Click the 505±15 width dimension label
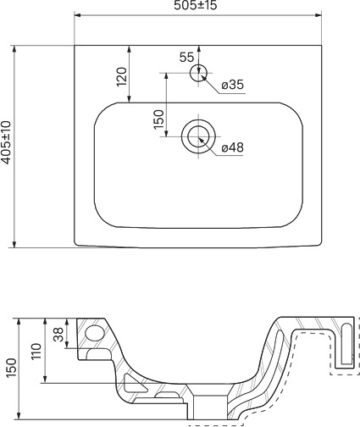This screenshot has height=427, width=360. pyautogui.click(x=196, y=5)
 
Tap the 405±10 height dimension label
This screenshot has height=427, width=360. pyautogui.click(x=6, y=142)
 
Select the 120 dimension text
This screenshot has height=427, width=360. pyautogui.click(x=122, y=77)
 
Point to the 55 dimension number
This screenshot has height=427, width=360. pyautogui.click(x=186, y=58)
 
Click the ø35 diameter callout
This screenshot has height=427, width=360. pyautogui.click(x=232, y=85)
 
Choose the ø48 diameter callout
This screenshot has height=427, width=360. pyautogui.click(x=232, y=147)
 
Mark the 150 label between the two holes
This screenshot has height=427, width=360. pyautogui.click(x=158, y=119)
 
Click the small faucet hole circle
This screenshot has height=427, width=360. pyautogui.click(x=198, y=73)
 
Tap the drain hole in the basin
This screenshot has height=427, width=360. pyautogui.click(x=198, y=136)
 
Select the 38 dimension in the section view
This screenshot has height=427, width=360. pyautogui.click(x=58, y=335)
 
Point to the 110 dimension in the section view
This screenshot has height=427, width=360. pyautogui.click(x=36, y=351)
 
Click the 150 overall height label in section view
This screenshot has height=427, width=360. pyautogui.click(x=12, y=368)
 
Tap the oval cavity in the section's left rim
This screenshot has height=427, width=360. pyautogui.click(x=95, y=332)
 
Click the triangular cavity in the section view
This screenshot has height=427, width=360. pyautogui.click(x=134, y=384)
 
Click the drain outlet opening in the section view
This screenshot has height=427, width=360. pyautogui.click(x=210, y=408)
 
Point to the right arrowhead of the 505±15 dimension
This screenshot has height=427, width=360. pyautogui.click(x=318, y=15)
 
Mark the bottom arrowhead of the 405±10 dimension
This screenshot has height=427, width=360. pyautogui.click(x=14, y=245)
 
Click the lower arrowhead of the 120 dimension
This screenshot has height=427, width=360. pyautogui.click(x=129, y=99)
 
